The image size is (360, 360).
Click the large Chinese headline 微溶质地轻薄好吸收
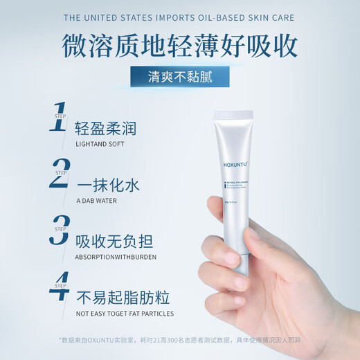point(179,45)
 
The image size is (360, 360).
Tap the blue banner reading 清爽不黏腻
point(179,77)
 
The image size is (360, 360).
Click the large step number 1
point(59,118)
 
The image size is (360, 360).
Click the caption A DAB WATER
point(96,201)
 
